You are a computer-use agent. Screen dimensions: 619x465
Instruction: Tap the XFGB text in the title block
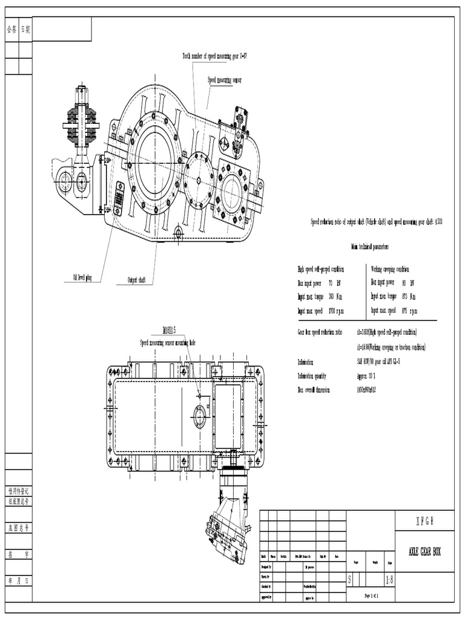(x=424, y=521)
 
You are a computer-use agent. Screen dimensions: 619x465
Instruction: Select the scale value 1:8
(x=387, y=580)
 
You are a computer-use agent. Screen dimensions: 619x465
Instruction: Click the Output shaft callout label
(x=136, y=280)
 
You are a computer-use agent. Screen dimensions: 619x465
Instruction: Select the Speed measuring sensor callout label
(x=224, y=80)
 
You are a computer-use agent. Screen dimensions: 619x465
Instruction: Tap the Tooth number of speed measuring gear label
(x=214, y=56)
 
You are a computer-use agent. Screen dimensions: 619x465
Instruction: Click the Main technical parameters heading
(x=369, y=247)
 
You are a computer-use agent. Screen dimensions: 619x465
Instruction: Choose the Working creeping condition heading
(x=390, y=269)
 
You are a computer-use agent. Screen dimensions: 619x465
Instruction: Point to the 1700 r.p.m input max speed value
(x=336, y=311)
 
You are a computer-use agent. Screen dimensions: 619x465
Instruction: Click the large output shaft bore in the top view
(x=155, y=163)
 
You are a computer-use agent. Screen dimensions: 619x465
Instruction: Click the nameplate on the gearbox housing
(x=119, y=198)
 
